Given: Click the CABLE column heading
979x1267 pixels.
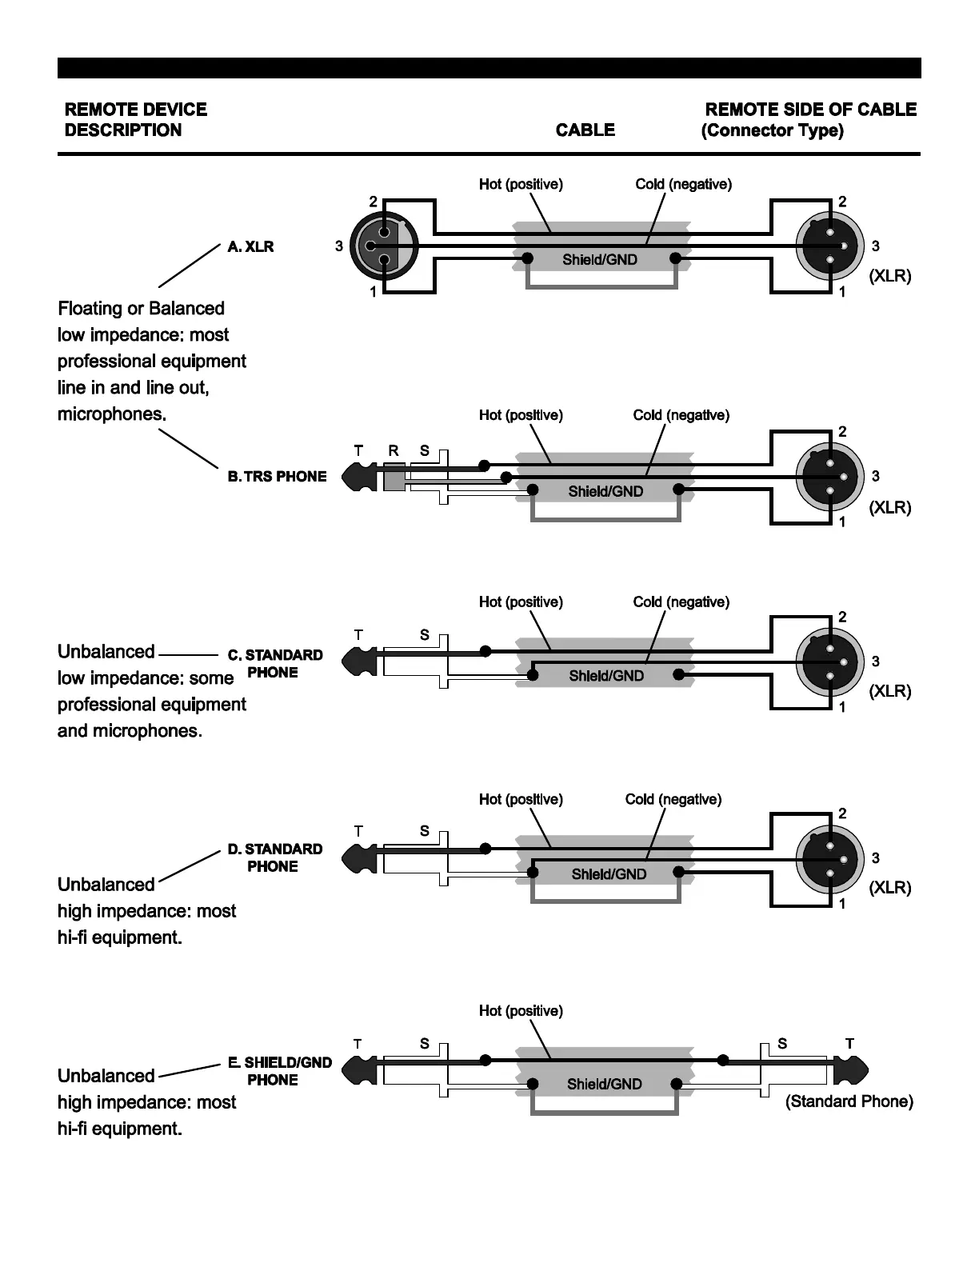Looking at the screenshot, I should click(585, 130).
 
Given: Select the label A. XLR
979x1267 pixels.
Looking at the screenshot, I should click(250, 246).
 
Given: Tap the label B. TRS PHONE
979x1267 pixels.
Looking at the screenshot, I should click(277, 476).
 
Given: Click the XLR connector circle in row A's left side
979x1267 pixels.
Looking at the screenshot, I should click(386, 246).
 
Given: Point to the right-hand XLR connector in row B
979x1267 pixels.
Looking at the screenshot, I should click(830, 477).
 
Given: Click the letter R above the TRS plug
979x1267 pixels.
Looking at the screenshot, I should click(393, 450).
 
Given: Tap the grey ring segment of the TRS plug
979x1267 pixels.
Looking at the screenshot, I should click(394, 478).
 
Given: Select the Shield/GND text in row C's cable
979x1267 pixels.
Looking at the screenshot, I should click(606, 676).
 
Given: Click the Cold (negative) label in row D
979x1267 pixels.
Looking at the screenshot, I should click(673, 799).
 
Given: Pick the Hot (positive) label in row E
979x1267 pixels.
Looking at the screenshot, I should click(521, 1011).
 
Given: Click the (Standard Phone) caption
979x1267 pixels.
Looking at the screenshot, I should click(849, 1101).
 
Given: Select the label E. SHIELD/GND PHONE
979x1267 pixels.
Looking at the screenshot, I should click(279, 1071).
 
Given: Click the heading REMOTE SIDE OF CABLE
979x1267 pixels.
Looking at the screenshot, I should click(810, 110).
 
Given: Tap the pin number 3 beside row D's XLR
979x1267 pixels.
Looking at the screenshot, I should click(875, 857).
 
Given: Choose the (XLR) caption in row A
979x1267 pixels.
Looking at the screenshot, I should click(889, 276).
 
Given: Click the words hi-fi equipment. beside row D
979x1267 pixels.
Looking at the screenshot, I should click(120, 937).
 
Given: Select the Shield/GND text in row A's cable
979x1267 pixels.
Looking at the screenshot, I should click(600, 260).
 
